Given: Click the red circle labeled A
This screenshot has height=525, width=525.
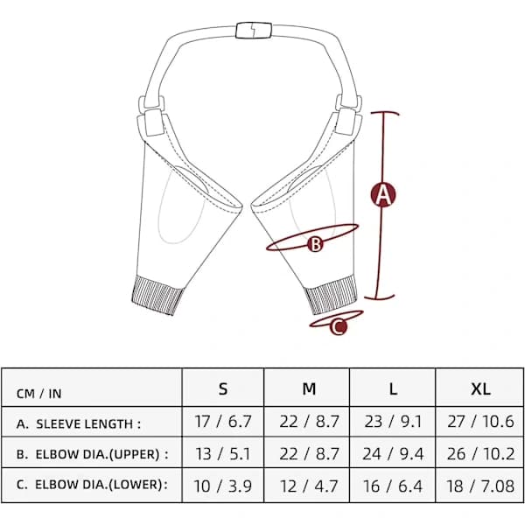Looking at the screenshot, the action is pyautogui.click(x=383, y=194).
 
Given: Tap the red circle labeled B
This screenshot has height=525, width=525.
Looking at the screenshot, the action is pyautogui.click(x=315, y=244).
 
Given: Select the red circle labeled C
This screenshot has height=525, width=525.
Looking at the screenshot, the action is pyautogui.click(x=339, y=326).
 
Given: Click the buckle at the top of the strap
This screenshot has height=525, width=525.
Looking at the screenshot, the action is pyautogui.click(x=254, y=30).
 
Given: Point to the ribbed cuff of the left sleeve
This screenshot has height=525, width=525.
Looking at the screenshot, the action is pyautogui.click(x=157, y=295).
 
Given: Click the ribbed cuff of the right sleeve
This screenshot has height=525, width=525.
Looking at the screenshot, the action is pyautogui.click(x=331, y=294).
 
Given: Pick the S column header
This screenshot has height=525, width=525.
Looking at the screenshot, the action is pyautogui.click(x=223, y=388).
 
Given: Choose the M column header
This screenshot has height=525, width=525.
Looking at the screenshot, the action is pyautogui.click(x=309, y=388).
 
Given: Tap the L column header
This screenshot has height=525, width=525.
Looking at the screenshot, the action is pyautogui.click(x=393, y=388).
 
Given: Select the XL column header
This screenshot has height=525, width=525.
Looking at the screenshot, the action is pyautogui.click(x=480, y=388).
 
